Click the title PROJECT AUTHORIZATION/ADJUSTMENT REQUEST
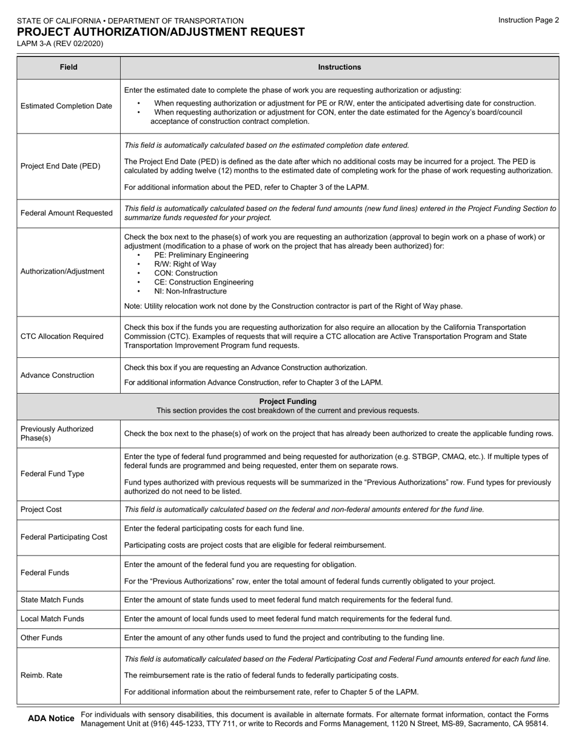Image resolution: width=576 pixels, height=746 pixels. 161,32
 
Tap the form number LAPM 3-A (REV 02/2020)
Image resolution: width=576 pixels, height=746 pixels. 60,44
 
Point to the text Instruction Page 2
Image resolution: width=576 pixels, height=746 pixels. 529,20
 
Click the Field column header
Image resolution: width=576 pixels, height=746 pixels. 69,67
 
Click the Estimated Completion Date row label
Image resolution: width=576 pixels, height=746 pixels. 67,106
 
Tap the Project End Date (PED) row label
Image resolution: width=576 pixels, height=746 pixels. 61,166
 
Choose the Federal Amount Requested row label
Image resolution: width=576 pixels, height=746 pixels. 67,213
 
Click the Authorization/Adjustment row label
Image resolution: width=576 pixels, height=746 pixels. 62,271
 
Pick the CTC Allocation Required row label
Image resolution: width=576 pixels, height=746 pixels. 62,337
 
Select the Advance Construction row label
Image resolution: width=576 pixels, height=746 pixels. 58,375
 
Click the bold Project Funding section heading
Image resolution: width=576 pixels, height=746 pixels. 287,402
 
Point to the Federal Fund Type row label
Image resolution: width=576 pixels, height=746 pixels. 53,474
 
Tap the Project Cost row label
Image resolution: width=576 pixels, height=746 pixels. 41,509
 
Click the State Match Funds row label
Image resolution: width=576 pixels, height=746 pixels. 52,600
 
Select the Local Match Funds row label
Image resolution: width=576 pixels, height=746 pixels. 52,619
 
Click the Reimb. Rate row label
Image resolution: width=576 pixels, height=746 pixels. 41,675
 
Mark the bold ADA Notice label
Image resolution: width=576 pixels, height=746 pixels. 52,719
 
